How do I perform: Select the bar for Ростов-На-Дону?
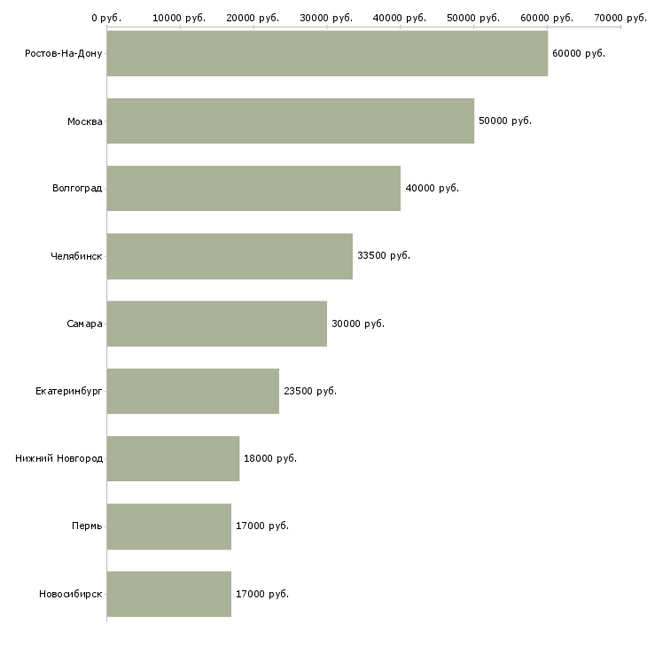(327, 53)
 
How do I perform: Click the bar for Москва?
(290, 121)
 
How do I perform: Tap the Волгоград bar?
(253, 188)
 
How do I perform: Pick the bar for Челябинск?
(230, 256)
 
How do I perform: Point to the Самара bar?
(216, 323)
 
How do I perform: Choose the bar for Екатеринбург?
(192, 391)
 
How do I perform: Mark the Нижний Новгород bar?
(173, 458)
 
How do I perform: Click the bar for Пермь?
(168, 526)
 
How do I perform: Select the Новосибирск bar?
(168, 594)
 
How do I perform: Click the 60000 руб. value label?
(578, 53)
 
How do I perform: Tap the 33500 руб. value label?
(383, 256)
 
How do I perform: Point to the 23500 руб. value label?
(309, 391)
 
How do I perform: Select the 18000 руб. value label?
(269, 458)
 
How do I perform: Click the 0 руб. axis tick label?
(106, 17)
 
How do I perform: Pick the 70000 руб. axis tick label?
(620, 17)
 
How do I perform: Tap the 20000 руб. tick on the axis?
(253, 17)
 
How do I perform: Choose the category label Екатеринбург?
(68, 391)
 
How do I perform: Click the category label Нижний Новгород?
(58, 458)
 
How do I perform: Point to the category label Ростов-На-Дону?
(64, 53)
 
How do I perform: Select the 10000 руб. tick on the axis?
(179, 17)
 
